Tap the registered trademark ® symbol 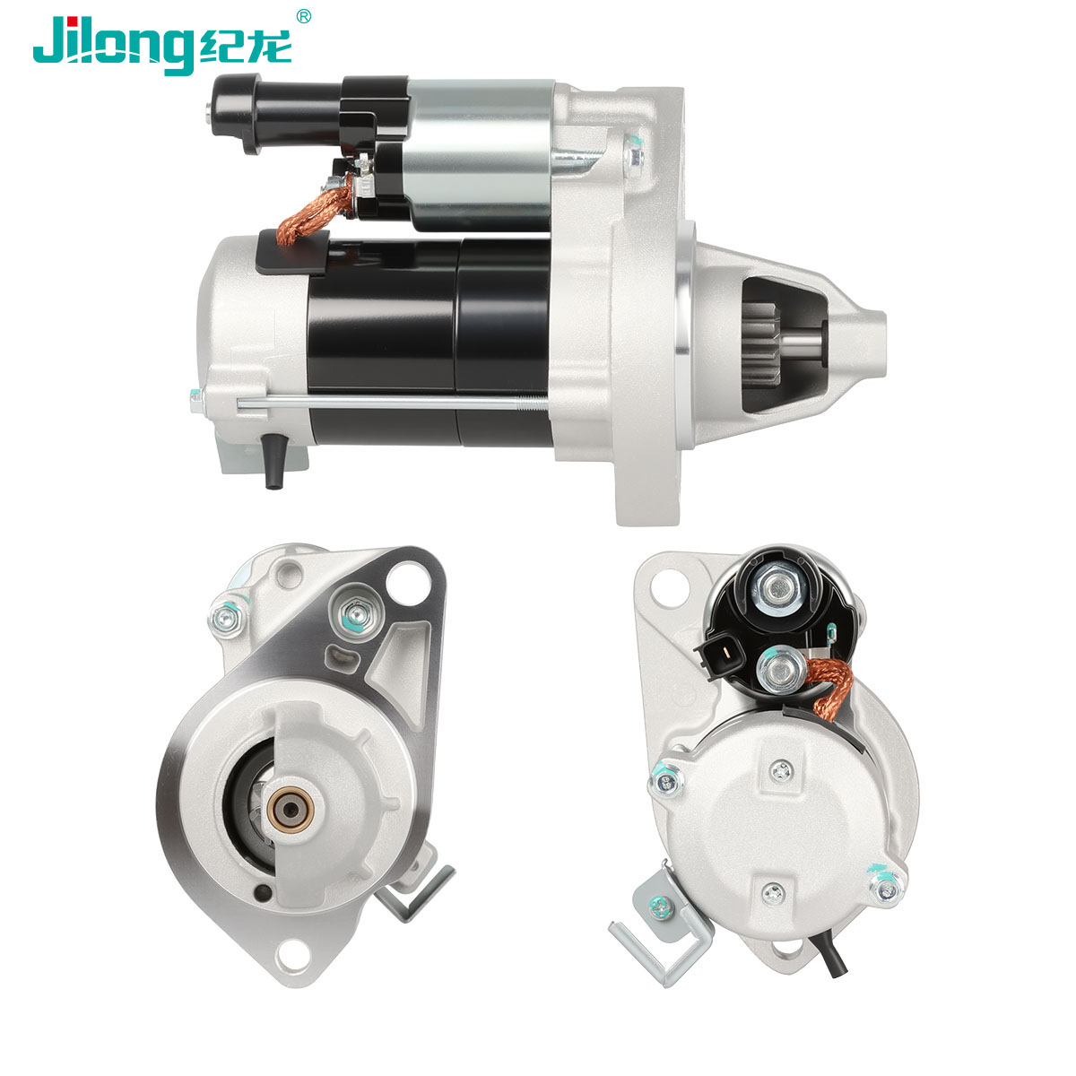303,17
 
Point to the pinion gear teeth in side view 761,344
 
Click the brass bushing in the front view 291,809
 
